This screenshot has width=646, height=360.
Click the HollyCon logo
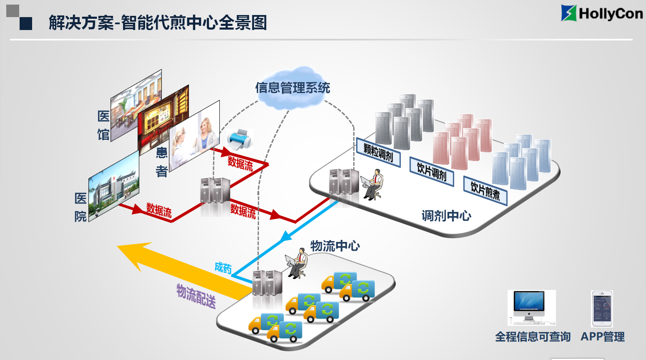click(602, 13)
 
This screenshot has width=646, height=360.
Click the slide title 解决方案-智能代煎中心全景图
click(158, 23)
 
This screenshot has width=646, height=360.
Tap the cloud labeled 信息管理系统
click(292, 88)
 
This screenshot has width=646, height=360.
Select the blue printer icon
click(240, 139)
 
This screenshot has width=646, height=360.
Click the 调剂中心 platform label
click(446, 216)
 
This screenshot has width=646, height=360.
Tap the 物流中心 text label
click(335, 246)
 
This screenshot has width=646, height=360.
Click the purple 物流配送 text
click(196, 296)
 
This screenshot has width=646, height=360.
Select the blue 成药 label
click(223, 268)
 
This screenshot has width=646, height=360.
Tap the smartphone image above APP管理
click(602, 309)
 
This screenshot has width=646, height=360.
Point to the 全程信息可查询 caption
click(533, 337)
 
